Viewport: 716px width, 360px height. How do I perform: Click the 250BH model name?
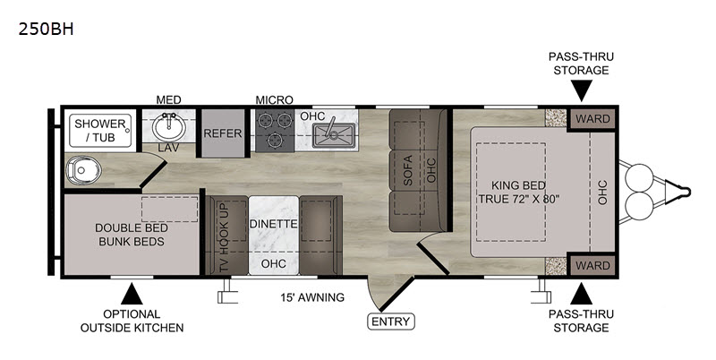click(x=46, y=30)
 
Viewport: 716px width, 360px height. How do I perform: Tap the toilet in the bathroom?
click(x=82, y=171)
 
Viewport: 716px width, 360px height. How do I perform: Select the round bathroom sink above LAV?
click(x=169, y=127)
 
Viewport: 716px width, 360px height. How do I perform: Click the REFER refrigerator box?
click(x=223, y=133)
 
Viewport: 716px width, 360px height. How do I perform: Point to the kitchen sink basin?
click(x=334, y=134)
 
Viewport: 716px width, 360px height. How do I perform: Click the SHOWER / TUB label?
click(x=100, y=130)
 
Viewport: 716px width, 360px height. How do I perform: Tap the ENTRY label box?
click(x=391, y=321)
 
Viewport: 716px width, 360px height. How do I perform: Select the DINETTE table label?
click(x=274, y=224)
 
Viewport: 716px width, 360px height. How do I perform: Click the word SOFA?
click(x=408, y=170)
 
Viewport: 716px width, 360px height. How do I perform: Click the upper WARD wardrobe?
click(x=592, y=119)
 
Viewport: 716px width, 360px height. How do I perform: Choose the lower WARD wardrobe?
click(x=592, y=265)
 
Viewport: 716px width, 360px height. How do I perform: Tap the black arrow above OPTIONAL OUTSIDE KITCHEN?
click(x=132, y=294)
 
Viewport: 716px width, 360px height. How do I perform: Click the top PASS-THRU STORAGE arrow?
click(x=581, y=90)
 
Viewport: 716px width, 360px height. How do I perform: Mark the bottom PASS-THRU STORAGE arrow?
click(x=581, y=294)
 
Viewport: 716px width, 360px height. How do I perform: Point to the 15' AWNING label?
click(x=312, y=297)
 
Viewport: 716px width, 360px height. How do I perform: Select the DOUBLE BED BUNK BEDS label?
click(x=132, y=235)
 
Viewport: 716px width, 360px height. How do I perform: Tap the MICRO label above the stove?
click(x=274, y=99)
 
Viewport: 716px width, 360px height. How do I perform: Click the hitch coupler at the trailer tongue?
click(x=678, y=192)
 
